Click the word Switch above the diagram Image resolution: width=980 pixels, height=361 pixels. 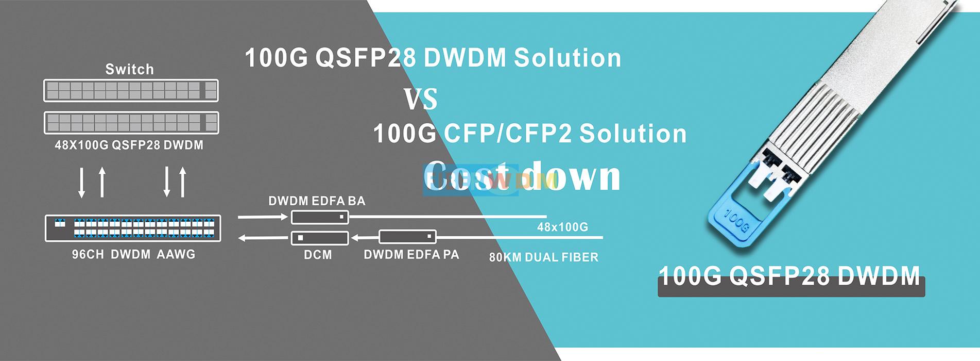[x=129, y=69]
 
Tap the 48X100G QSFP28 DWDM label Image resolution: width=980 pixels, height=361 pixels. [x=129, y=145]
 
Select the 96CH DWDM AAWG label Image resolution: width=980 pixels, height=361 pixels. [x=133, y=254]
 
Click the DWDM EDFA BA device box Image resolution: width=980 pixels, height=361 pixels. [x=320, y=217]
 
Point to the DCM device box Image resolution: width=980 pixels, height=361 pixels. [x=320, y=238]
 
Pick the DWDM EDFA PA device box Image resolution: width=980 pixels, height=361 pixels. [x=407, y=237]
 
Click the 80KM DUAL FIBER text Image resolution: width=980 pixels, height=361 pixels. [x=543, y=257]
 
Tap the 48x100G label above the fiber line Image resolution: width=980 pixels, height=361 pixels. [x=562, y=227]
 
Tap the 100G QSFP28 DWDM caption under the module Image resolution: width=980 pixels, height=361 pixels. [x=789, y=277]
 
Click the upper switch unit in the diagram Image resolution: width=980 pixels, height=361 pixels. [x=131, y=91]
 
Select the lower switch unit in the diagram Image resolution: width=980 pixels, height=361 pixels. [x=131, y=123]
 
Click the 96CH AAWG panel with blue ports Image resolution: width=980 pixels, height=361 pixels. [x=133, y=228]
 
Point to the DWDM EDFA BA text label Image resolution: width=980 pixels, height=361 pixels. [x=317, y=201]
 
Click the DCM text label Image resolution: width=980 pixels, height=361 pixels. [x=318, y=255]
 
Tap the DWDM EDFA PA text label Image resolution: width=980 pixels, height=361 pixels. [x=411, y=255]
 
